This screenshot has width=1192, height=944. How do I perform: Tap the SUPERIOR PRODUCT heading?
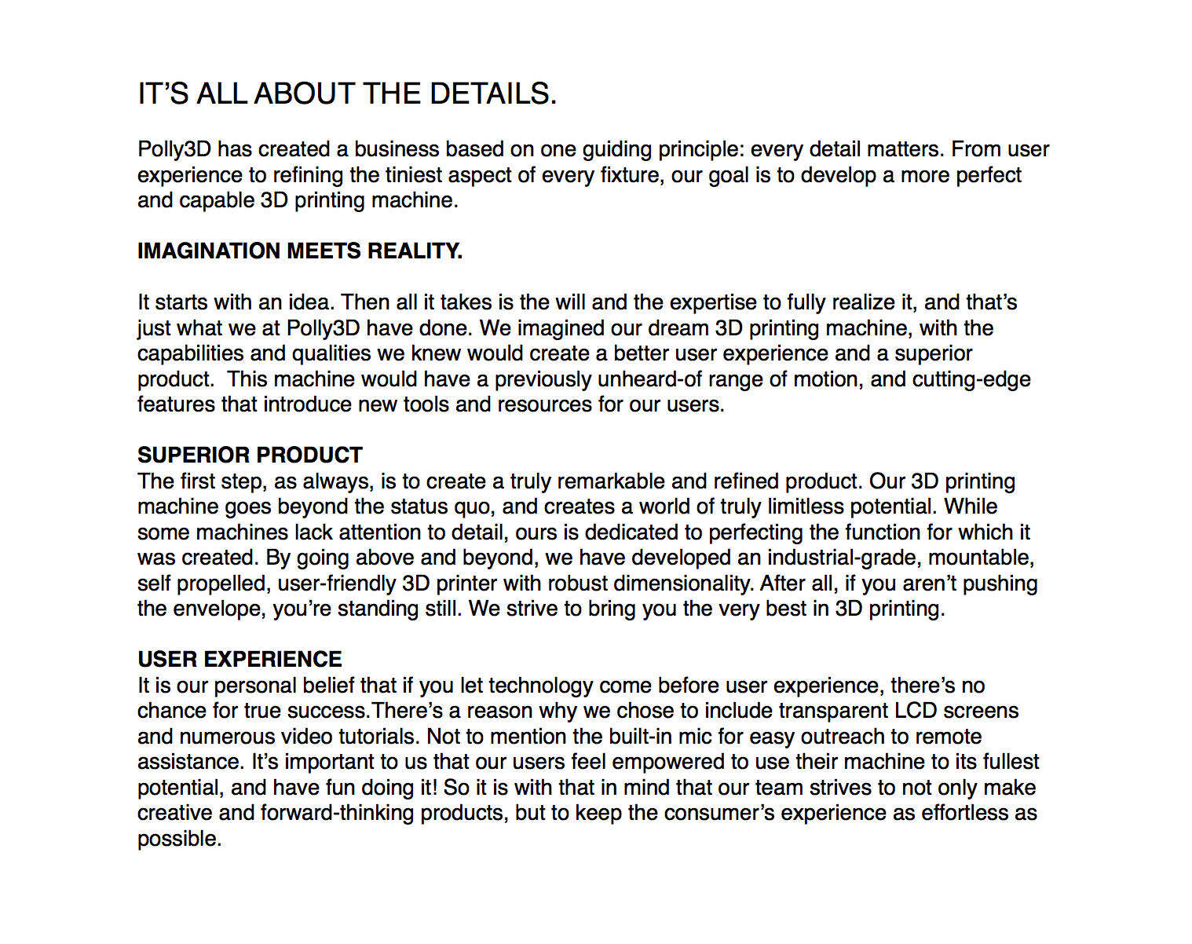click(250, 456)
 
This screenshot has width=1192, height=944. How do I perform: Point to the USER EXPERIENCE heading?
click(239, 660)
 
